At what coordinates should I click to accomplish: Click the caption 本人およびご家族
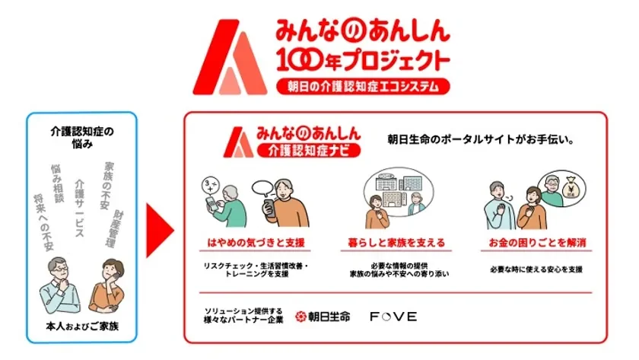point(81,328)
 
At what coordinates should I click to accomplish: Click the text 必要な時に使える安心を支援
point(537,269)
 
